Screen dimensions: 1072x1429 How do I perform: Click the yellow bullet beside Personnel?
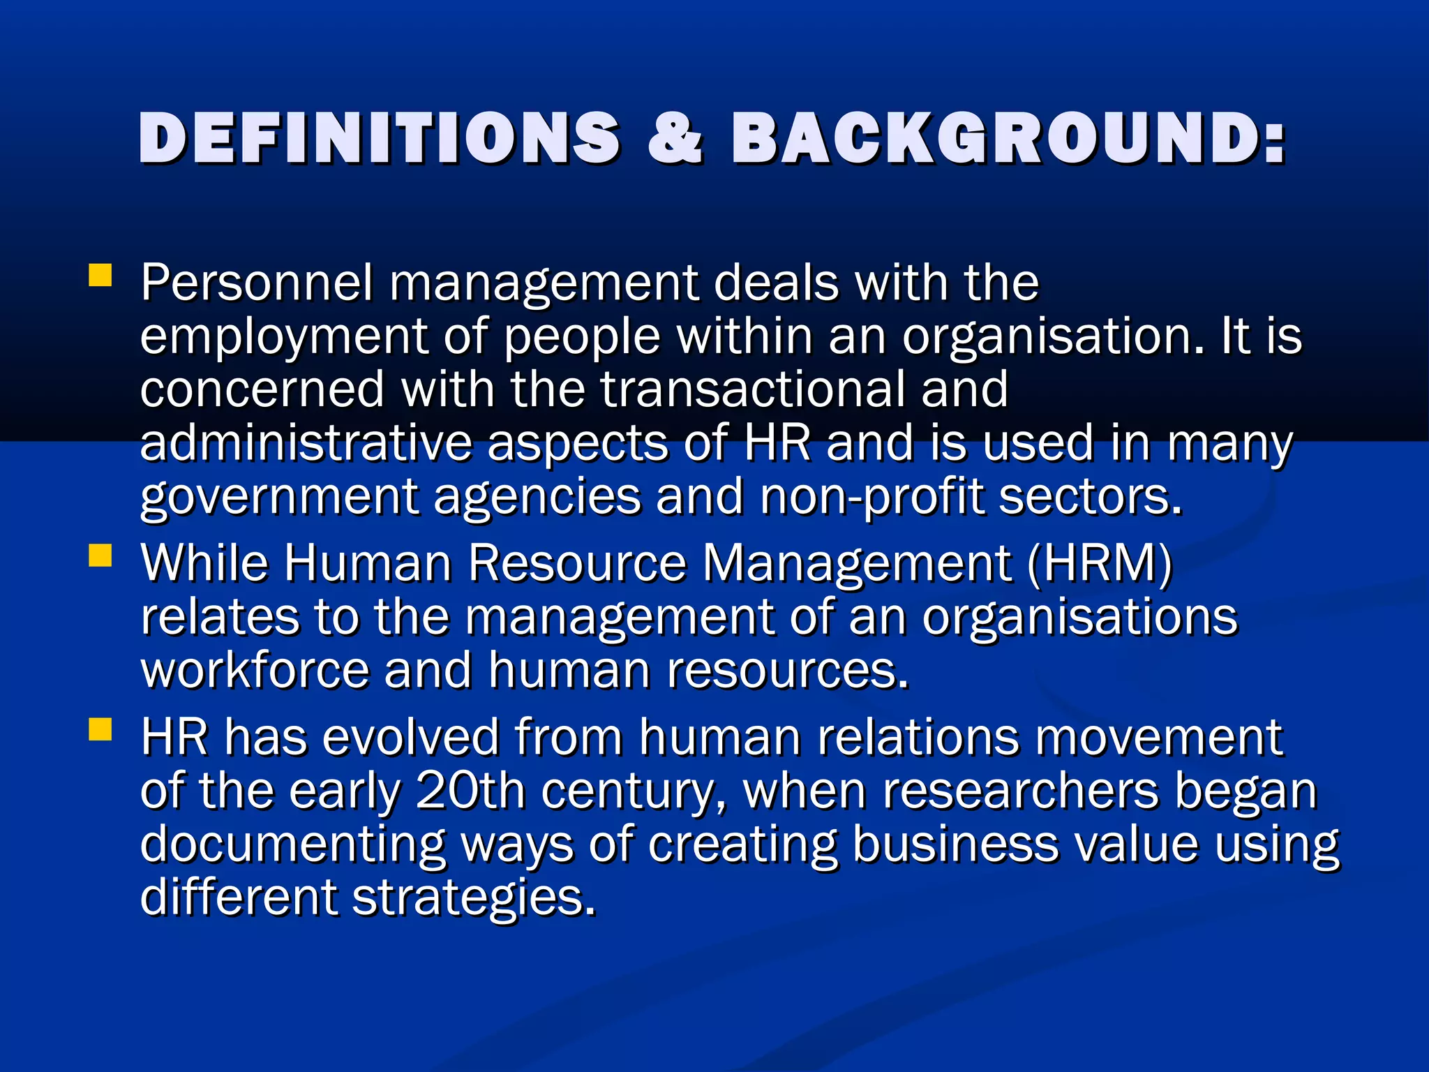click(100, 275)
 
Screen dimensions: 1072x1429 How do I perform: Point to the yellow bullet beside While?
click(100, 557)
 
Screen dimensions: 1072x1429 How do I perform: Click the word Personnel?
click(257, 283)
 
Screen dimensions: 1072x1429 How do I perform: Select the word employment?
click(283, 338)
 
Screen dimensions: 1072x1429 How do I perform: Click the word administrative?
click(306, 443)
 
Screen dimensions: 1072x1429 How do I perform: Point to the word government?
click(279, 498)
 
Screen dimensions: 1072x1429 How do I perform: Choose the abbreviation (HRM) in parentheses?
click(1100, 563)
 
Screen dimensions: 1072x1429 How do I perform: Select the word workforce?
click(255, 670)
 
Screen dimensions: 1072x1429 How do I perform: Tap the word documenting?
click(292, 844)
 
